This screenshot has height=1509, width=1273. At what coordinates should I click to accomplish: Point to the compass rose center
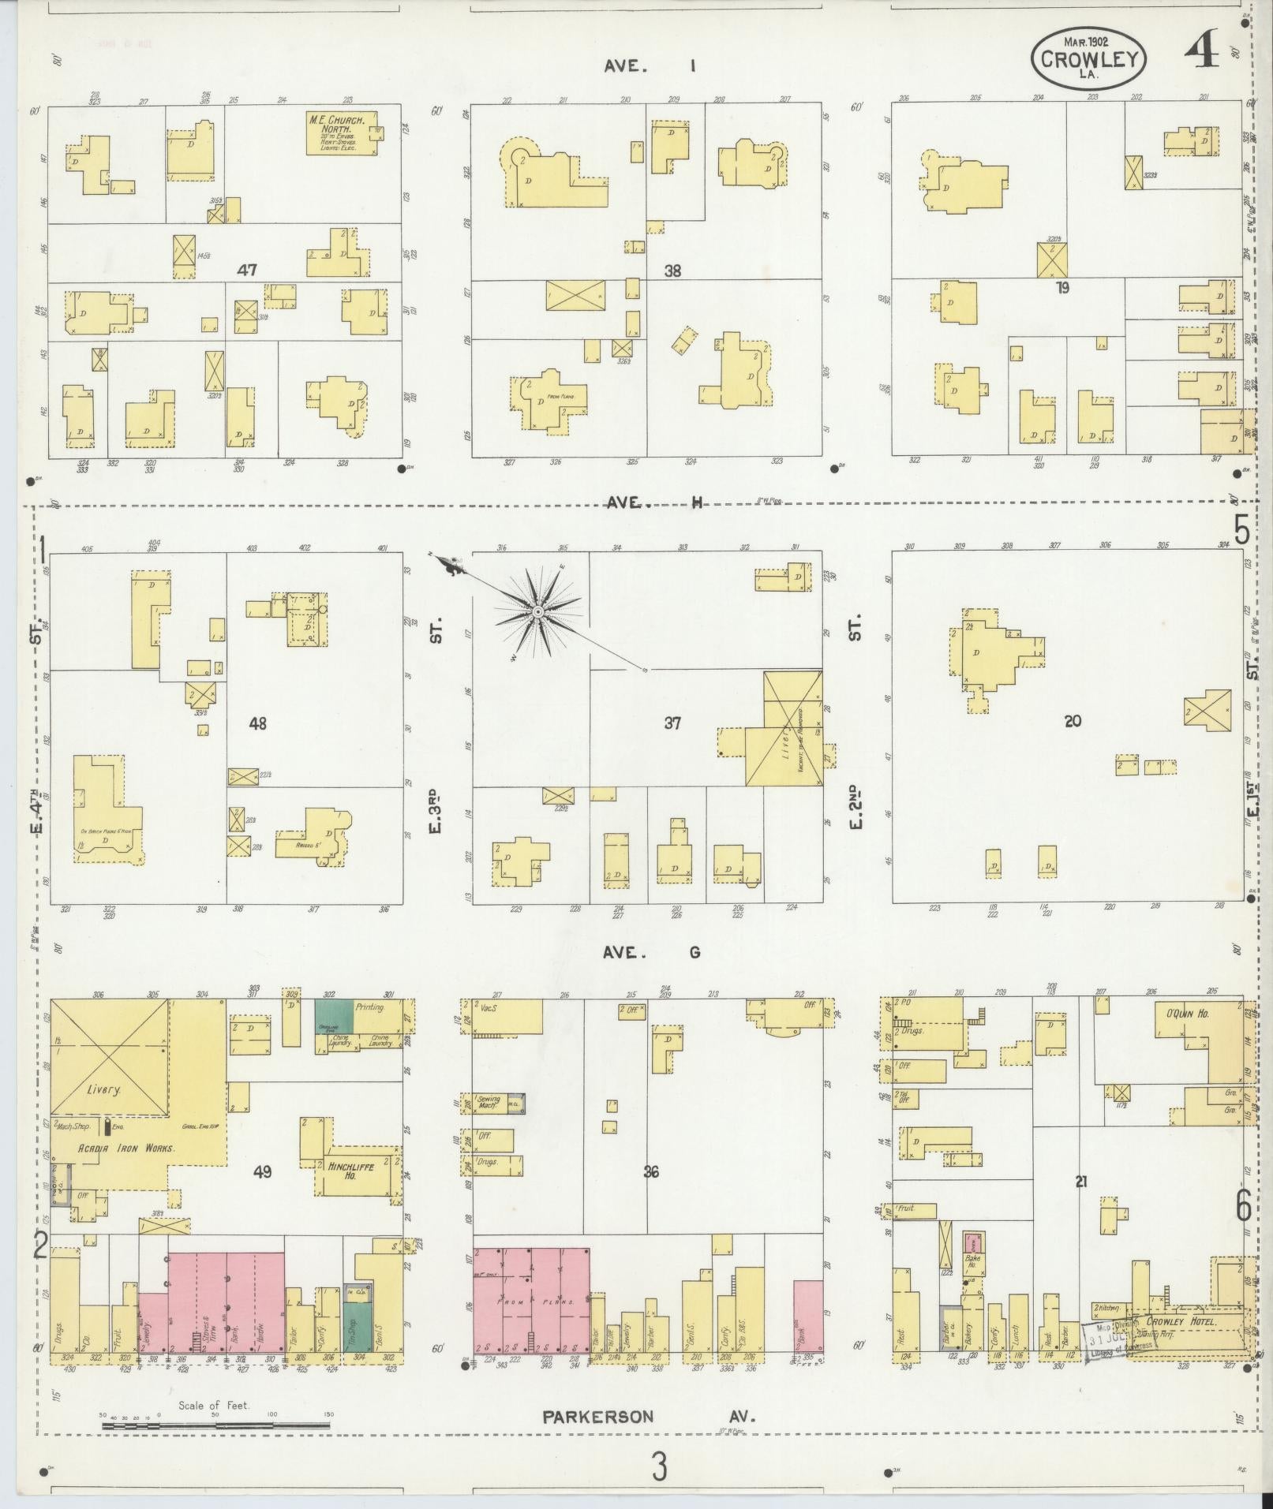coord(537,612)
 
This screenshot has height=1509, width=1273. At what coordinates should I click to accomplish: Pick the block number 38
coord(672,271)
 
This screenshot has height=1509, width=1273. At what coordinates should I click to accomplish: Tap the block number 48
coord(257,723)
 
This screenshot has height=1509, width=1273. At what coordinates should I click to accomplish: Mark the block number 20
coord(1072,720)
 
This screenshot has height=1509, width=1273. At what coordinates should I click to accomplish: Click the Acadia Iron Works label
coord(126,1148)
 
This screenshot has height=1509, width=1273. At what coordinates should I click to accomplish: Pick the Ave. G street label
coord(652,952)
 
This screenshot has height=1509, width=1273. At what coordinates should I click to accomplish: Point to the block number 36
coord(650,1171)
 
